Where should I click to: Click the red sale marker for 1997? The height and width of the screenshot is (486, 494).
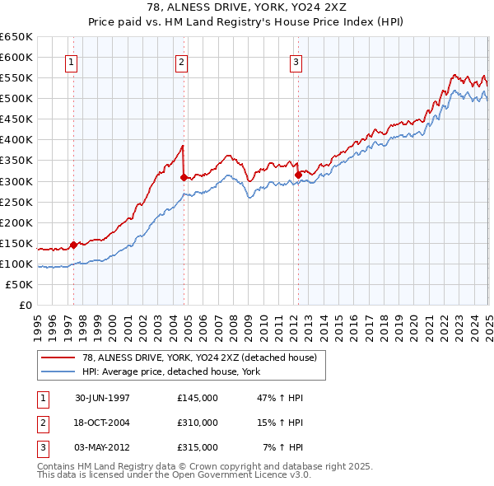pyautogui.click(x=73, y=245)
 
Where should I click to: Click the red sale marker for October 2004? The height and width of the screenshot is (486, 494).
pyautogui.click(x=184, y=176)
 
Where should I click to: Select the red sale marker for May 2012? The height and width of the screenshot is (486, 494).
pyautogui.click(x=297, y=175)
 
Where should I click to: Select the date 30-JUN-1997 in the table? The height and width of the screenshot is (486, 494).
pyautogui.click(x=102, y=398)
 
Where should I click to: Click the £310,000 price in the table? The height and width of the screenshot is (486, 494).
pyautogui.click(x=197, y=423)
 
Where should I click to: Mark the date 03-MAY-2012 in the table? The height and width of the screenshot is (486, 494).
pyautogui.click(x=102, y=447)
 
